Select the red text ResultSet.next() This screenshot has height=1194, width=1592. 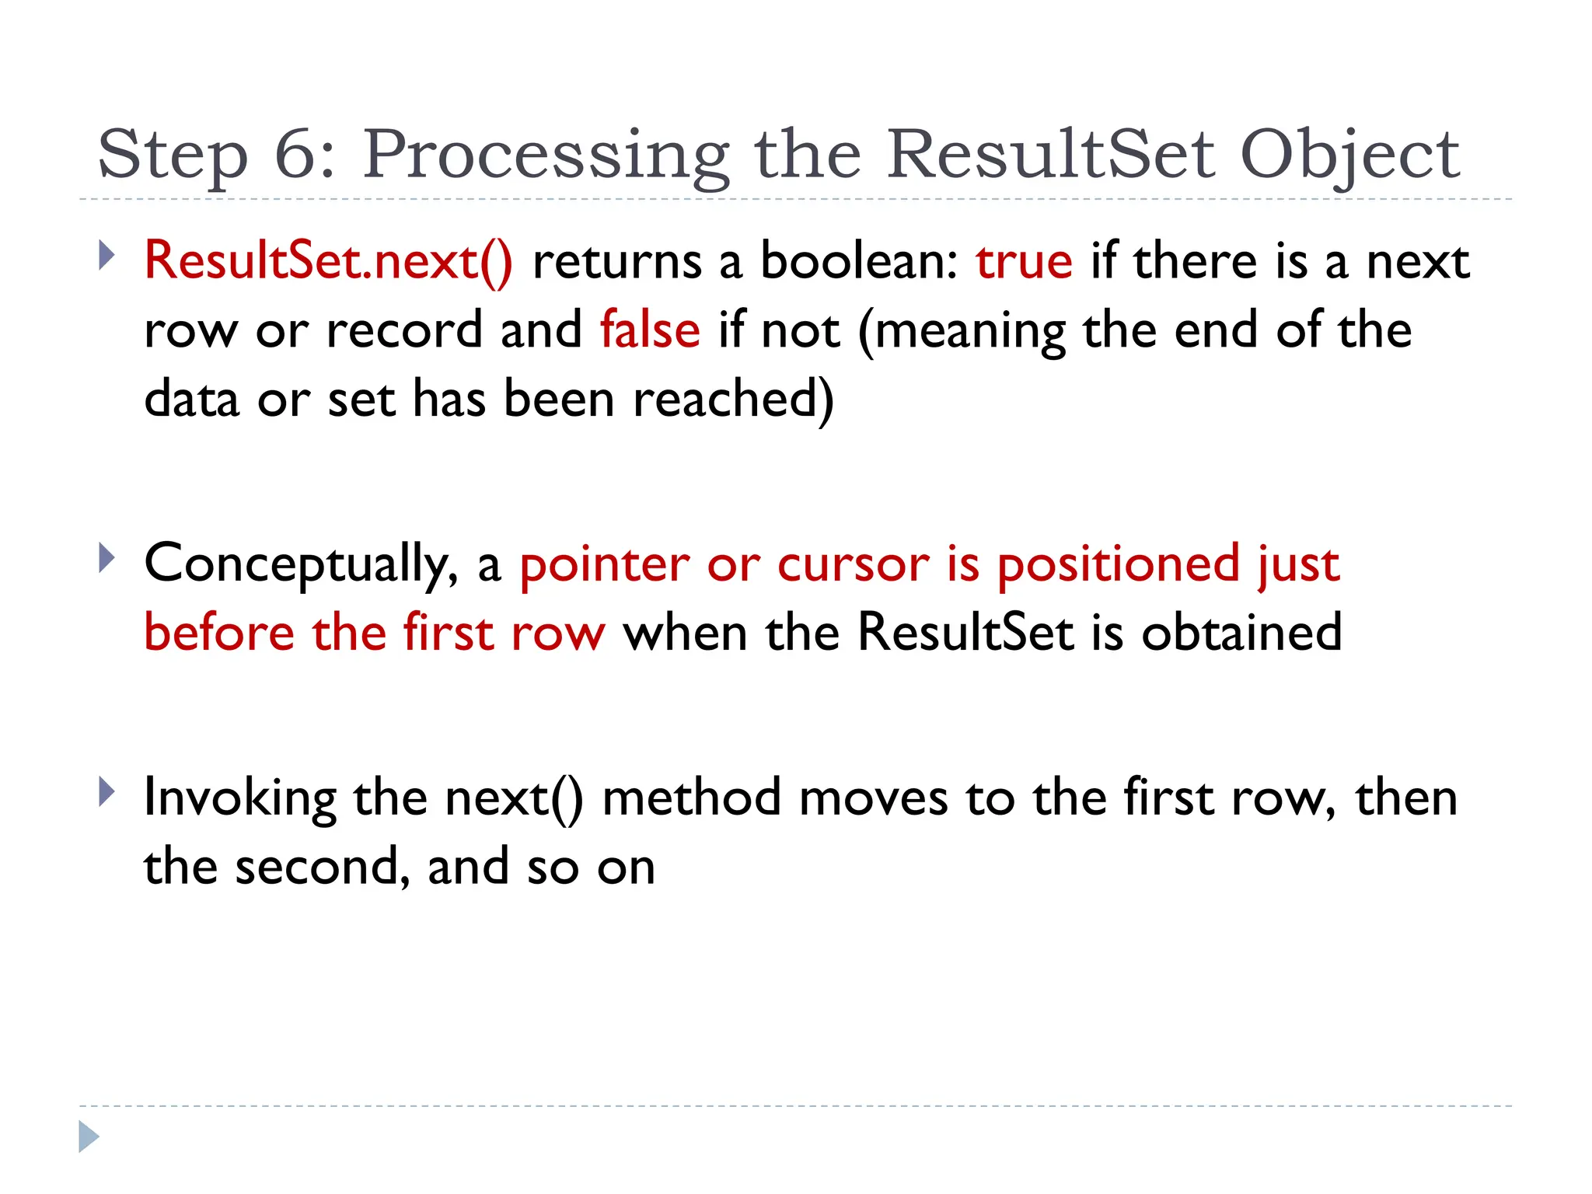pos(328,261)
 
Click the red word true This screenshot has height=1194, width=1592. pos(1024,261)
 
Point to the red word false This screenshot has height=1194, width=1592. pos(650,330)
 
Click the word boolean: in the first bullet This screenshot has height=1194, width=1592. pos(859,261)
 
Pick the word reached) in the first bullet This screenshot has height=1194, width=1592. pos(733,400)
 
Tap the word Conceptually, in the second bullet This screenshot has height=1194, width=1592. pos(302,564)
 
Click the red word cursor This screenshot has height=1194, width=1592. pos(853,564)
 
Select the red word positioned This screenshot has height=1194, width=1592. pos(1118,564)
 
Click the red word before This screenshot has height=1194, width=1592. pos(219,632)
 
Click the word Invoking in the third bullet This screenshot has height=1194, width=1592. pos(240,799)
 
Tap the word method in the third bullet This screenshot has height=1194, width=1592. pos(691,798)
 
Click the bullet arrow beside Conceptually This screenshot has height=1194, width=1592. pos(106,558)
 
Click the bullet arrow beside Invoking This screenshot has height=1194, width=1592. pos(106,793)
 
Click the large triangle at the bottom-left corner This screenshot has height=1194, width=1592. pos(89,1136)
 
